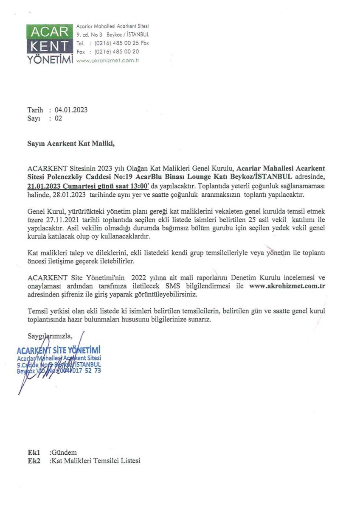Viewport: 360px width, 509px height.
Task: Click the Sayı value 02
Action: pyautogui.click(x=59, y=118)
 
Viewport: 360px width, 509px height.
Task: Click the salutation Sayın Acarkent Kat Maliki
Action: pyautogui.click(x=71, y=143)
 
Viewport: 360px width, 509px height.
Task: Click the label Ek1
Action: pyautogui.click(x=34, y=453)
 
